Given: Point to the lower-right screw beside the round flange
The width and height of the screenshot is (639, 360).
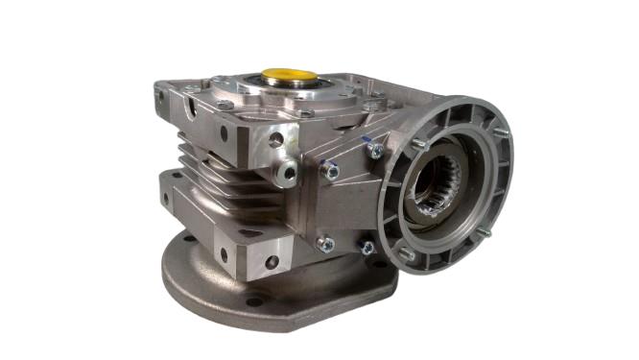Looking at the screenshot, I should tap(367, 249).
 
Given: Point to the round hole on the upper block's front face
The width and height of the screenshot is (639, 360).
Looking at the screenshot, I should tap(276, 139).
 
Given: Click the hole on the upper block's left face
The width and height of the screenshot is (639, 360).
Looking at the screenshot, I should tap(223, 132).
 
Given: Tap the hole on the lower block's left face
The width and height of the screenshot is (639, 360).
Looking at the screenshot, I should tap(223, 254).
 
